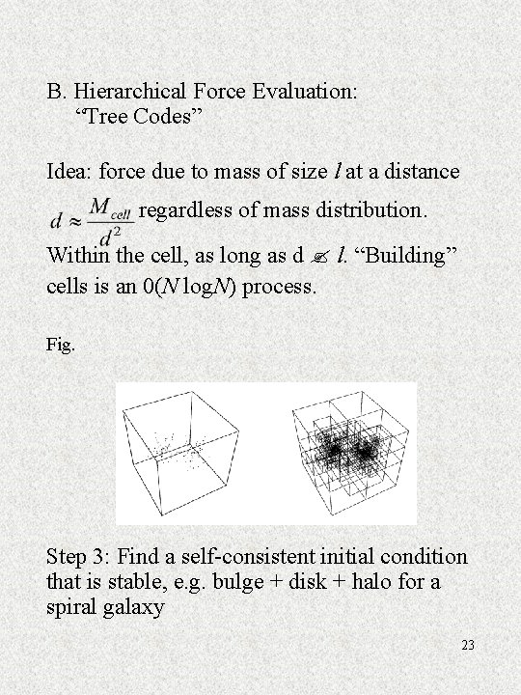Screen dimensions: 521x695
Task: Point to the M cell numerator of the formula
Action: point(109,208)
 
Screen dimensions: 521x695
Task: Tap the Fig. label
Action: point(59,343)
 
